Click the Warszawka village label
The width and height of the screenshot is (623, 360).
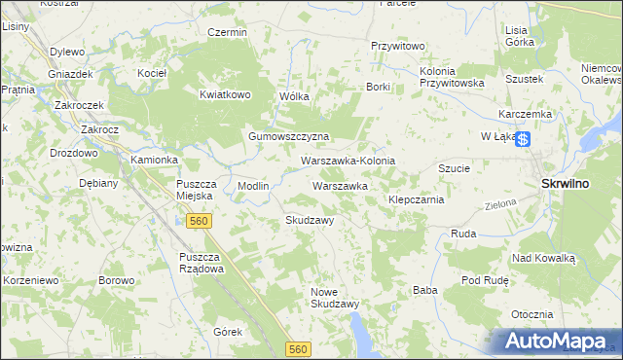tap(339, 185)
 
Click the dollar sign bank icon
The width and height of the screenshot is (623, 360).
tap(524, 140)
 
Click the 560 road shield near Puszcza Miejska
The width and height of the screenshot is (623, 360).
tap(199, 222)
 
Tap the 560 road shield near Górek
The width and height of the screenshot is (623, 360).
tap(299, 347)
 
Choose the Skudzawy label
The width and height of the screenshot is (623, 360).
tap(310, 220)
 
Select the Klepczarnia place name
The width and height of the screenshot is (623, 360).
tap(417, 199)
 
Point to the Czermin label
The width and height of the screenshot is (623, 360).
tap(228, 32)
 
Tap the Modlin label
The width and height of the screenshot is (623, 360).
tap(253, 186)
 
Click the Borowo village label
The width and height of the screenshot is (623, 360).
tap(116, 280)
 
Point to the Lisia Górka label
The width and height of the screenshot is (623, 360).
tap(518, 37)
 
